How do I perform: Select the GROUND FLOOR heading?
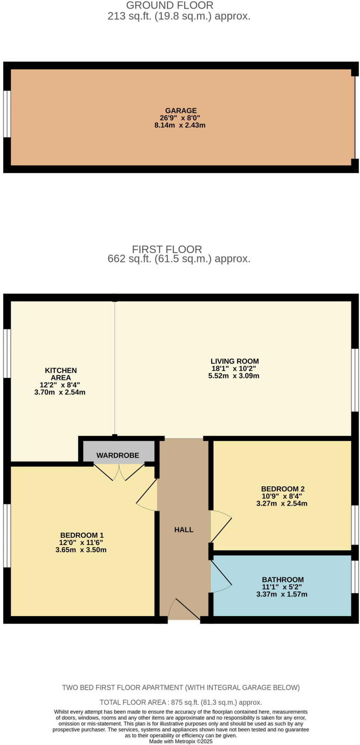[169, 5]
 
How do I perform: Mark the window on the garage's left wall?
[7, 114]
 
